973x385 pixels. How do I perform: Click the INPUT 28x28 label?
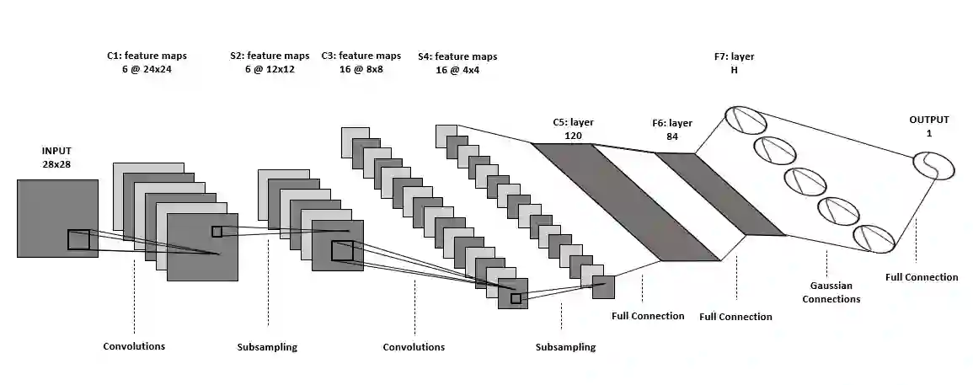(56, 158)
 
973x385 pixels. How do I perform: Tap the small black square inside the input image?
(78, 239)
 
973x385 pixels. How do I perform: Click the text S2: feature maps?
(270, 56)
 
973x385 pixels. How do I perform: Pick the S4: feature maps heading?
(457, 56)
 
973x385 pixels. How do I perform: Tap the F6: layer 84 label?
(671, 130)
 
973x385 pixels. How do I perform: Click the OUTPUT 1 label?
(928, 126)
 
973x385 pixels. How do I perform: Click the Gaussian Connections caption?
(831, 292)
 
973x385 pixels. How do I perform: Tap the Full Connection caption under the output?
(922, 277)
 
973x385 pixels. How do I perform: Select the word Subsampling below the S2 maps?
(268, 346)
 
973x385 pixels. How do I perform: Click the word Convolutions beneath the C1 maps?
(134, 346)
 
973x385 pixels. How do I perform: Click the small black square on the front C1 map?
(217, 231)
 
